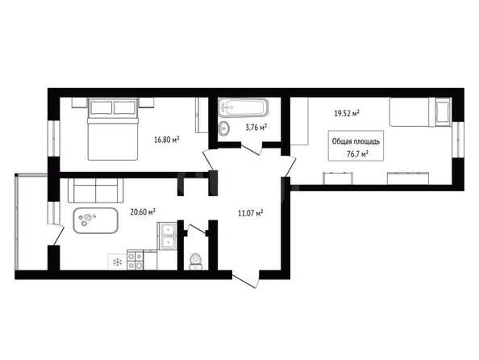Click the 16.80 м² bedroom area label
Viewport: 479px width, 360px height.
(x=166, y=140)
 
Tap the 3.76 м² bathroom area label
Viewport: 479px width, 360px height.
(x=256, y=128)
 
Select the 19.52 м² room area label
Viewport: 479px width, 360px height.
(x=347, y=114)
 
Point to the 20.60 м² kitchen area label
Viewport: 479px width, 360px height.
(x=143, y=212)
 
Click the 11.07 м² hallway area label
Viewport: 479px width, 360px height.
(x=251, y=213)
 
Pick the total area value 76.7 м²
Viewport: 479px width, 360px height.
(x=357, y=154)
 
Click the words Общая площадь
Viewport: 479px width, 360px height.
(x=356, y=141)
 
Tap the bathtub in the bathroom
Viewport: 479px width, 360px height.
(x=244, y=107)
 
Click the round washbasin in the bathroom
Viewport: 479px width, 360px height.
(x=224, y=128)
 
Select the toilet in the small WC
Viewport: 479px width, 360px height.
(x=195, y=262)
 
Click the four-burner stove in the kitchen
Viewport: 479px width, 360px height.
(x=135, y=260)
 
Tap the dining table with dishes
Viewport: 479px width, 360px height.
(x=96, y=220)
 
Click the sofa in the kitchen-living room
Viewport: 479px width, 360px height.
(x=96, y=190)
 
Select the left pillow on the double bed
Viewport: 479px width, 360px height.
(x=101, y=107)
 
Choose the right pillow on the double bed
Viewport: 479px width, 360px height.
(x=124, y=107)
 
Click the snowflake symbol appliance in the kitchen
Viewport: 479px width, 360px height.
(x=117, y=262)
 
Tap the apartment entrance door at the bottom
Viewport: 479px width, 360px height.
(x=245, y=279)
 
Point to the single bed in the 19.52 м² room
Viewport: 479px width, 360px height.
(x=420, y=112)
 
